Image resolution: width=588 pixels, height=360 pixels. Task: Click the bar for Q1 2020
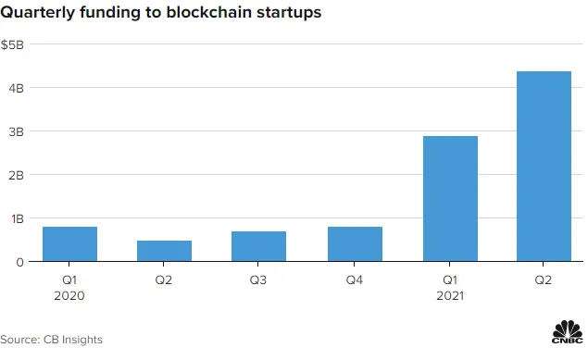tap(69, 244)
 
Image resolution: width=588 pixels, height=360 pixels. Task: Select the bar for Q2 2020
tap(164, 251)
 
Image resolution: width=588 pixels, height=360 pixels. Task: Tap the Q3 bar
tap(258, 246)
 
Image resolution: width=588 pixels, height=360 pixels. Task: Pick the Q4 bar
tap(356, 244)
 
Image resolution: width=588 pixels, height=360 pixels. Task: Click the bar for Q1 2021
tap(450, 199)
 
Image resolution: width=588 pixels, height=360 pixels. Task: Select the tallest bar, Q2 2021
tap(544, 167)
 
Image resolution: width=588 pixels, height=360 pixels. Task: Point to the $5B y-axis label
tap(12, 45)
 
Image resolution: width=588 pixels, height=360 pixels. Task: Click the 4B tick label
tap(16, 89)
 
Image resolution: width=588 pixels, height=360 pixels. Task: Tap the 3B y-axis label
tap(16, 131)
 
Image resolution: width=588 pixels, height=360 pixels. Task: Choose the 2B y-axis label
tap(16, 175)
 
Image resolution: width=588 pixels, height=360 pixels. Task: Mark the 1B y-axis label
tap(18, 218)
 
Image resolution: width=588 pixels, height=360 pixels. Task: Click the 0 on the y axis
tap(19, 262)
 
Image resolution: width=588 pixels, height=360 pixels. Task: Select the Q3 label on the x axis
tap(258, 280)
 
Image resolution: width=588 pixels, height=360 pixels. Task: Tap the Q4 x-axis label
tap(355, 280)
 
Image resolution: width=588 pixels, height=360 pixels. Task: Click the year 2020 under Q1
tap(69, 296)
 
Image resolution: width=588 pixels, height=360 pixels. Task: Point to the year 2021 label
tap(450, 296)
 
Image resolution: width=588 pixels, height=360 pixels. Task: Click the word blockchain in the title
tap(208, 12)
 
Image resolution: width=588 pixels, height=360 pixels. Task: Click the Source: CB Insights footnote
tap(51, 340)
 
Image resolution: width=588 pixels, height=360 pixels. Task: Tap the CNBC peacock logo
tap(568, 332)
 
